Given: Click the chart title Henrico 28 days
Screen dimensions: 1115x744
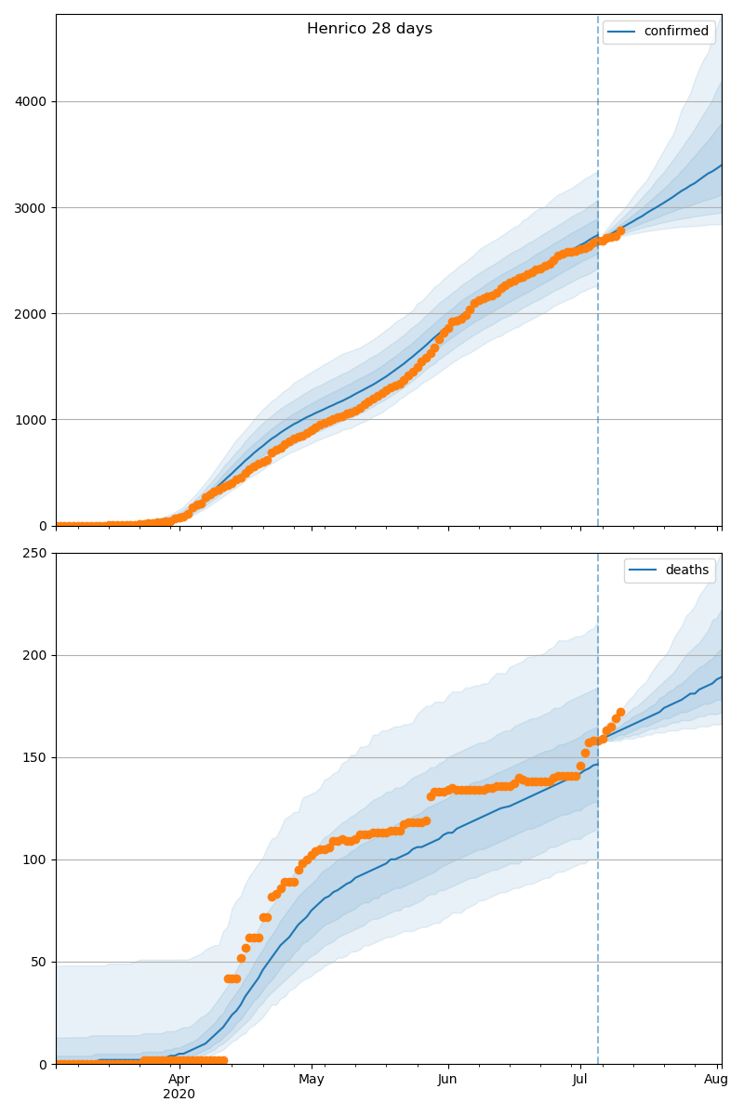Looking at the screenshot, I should [369, 29].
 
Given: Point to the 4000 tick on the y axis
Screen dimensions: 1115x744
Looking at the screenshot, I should [33, 101].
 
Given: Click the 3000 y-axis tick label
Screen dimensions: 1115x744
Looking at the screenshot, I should [33, 207].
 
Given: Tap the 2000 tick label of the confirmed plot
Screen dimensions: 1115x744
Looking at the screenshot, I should [33, 313].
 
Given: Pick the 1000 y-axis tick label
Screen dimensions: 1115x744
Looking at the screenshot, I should [33, 419].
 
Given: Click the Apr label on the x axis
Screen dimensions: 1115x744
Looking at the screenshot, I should [179, 1079].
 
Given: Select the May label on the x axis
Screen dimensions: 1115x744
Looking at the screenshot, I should [312, 1079].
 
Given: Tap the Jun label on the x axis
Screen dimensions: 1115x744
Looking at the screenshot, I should [448, 1079].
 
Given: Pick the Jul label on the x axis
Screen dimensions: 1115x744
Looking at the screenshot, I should [580, 1079].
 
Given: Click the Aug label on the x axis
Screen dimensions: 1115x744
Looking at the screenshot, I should [716, 1079].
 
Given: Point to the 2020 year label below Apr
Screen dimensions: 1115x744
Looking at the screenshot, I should [179, 1095].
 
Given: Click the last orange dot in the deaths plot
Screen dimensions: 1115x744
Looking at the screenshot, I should [620, 713].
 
